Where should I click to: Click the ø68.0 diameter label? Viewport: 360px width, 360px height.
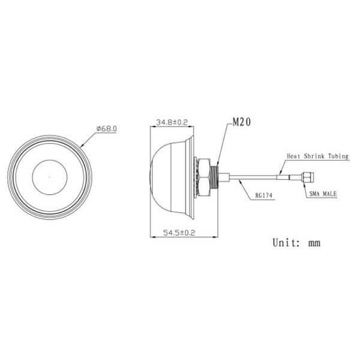point(106,128)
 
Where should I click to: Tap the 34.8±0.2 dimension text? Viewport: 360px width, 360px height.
point(172,122)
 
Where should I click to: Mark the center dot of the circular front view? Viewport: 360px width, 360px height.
point(50,176)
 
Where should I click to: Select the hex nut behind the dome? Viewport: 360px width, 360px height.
point(206,176)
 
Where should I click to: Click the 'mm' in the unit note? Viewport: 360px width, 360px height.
point(313,243)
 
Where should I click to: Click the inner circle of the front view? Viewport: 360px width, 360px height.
point(50,176)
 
